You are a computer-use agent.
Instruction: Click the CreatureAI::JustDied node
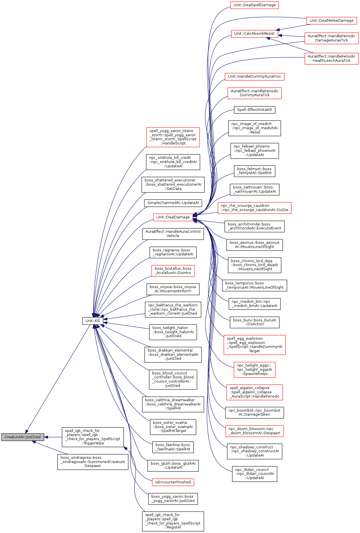coord(23,437)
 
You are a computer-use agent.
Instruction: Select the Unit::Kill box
coord(92,321)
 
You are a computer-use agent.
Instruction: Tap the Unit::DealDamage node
coord(173,217)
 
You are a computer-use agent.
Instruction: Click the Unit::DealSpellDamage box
coord(255,5)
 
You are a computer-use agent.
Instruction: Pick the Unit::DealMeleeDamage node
coord(331,20)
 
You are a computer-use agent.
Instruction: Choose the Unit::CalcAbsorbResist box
coord(254,33)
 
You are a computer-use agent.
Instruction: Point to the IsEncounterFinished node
coord(173,482)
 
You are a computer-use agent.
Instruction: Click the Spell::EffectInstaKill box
coord(254,109)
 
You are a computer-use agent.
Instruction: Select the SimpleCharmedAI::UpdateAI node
coord(173,203)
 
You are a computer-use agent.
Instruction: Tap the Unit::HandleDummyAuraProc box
coord(254,76)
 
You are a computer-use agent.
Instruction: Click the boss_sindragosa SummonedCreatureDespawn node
coord(93,462)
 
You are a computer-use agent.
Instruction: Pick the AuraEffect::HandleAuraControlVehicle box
coord(173,234)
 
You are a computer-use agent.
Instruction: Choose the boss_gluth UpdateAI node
coord(173,465)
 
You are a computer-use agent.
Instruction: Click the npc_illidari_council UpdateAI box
coord(254,474)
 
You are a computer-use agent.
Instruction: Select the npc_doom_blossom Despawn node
coord(254,431)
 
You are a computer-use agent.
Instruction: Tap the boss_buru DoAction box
coord(254,322)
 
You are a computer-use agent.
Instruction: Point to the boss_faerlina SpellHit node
coord(173,447)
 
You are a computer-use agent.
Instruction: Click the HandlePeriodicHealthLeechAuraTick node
coord(331,58)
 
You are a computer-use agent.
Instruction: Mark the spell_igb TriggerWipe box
coord(93,437)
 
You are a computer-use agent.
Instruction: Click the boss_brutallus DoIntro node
coord(173,271)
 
